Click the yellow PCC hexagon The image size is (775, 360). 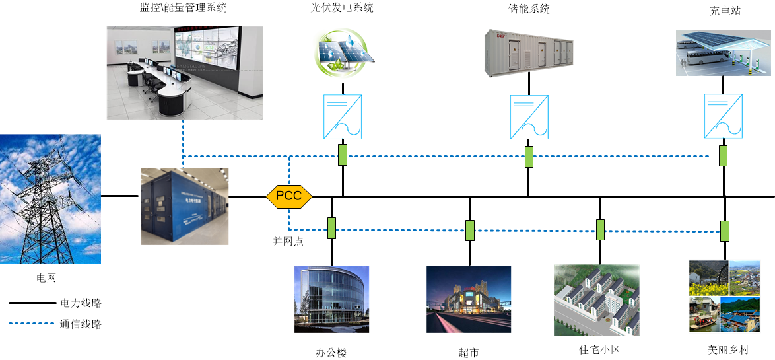pyautogui.click(x=288, y=196)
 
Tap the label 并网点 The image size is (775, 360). pyautogui.click(x=288, y=241)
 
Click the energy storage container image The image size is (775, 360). pyautogui.click(x=528, y=54)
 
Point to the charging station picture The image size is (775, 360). pyautogui.click(x=724, y=53)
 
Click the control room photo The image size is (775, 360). pyautogui.click(x=185, y=73)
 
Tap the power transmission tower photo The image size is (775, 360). pyautogui.click(x=50, y=199)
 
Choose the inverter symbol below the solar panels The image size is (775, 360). pyautogui.click(x=343, y=117)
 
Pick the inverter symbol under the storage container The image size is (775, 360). pyautogui.click(x=529, y=117)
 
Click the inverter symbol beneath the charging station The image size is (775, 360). pyautogui.click(x=724, y=117)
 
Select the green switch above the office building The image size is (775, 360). pyautogui.click(x=331, y=228)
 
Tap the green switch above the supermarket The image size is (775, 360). pyautogui.click(x=469, y=230)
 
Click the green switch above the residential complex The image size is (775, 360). pyautogui.click(x=600, y=229)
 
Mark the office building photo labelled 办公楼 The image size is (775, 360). pyautogui.click(x=331, y=299)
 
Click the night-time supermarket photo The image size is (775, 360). pyautogui.click(x=469, y=299)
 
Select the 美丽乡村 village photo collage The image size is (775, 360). pyautogui.click(x=724, y=296)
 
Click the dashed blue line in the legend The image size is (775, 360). pyautogui.click(x=32, y=324)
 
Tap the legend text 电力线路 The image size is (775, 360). pyautogui.click(x=81, y=303)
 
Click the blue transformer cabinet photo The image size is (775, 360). pyautogui.click(x=185, y=206)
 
